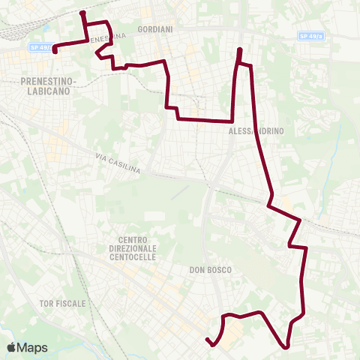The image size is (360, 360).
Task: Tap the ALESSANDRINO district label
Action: pos(255,130)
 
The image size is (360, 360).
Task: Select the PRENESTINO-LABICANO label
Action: pos(46,85)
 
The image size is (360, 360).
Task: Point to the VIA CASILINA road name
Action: pos(118,163)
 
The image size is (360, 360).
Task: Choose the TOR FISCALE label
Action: pos(62,304)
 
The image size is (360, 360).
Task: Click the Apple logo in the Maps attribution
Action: pos(12,347)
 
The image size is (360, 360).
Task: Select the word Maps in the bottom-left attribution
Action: pos(32,347)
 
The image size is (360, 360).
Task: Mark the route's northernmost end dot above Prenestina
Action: pos(82,13)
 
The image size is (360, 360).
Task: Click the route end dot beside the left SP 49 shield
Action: pos(55,50)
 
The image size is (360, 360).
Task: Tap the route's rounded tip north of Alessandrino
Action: pos(239,51)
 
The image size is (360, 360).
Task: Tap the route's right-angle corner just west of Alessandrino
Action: pos(232,120)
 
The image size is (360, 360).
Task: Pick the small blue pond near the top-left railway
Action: pos(46,31)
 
